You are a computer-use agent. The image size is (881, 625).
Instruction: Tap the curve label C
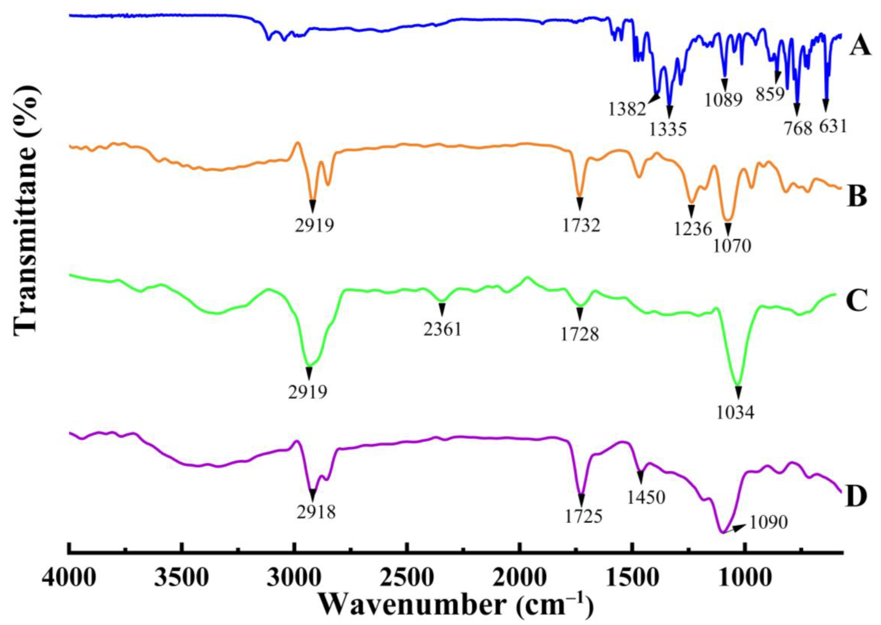tap(856, 300)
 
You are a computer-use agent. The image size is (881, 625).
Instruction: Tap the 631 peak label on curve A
tap(833, 126)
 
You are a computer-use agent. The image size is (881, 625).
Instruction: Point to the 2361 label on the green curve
tap(442, 330)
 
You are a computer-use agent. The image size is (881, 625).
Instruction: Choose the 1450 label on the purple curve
tap(646, 498)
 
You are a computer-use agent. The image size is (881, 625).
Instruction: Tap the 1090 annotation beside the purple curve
tap(768, 523)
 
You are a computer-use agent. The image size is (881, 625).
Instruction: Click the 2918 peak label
tap(316, 513)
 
